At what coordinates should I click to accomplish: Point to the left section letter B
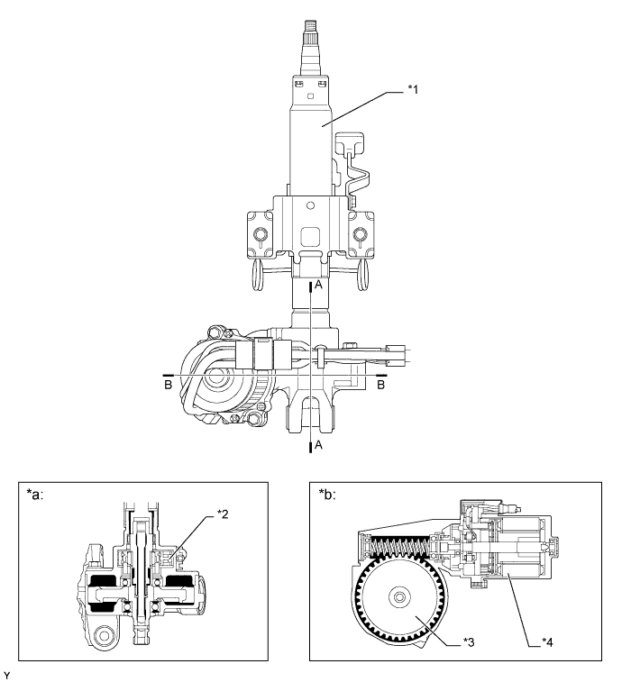pyautogui.click(x=167, y=383)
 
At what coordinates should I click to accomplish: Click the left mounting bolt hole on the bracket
pyautogui.click(x=260, y=236)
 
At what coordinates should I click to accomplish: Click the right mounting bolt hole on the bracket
pyautogui.click(x=361, y=236)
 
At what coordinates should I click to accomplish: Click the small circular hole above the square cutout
pyautogui.click(x=310, y=207)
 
